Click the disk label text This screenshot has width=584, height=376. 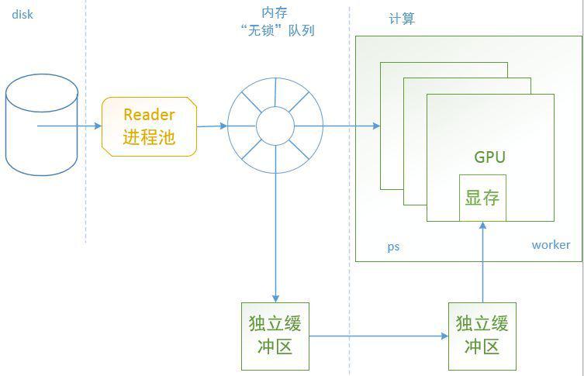coord(22,15)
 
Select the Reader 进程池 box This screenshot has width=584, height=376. coord(149,126)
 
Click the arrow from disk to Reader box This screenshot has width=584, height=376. coord(69,126)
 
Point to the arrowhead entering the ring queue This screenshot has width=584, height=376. coord(223,126)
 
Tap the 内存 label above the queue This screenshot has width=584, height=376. coord(275,12)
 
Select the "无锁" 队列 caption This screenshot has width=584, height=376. coord(278,30)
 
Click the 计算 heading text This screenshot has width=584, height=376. coord(402,19)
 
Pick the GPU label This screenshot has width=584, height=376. coord(490,157)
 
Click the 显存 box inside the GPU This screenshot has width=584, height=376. coord(482,198)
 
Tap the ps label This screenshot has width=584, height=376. coord(393,247)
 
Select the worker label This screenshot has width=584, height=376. coord(551,245)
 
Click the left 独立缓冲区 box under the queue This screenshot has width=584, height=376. coord(275,336)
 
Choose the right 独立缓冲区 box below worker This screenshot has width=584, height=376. coord(482,336)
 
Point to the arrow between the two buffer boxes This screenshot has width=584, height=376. coord(378,336)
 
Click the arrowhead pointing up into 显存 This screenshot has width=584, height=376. coord(482,225)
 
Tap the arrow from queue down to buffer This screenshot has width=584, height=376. coord(275,237)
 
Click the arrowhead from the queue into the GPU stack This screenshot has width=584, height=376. coord(376,126)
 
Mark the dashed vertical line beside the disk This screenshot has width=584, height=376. coord(85,122)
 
